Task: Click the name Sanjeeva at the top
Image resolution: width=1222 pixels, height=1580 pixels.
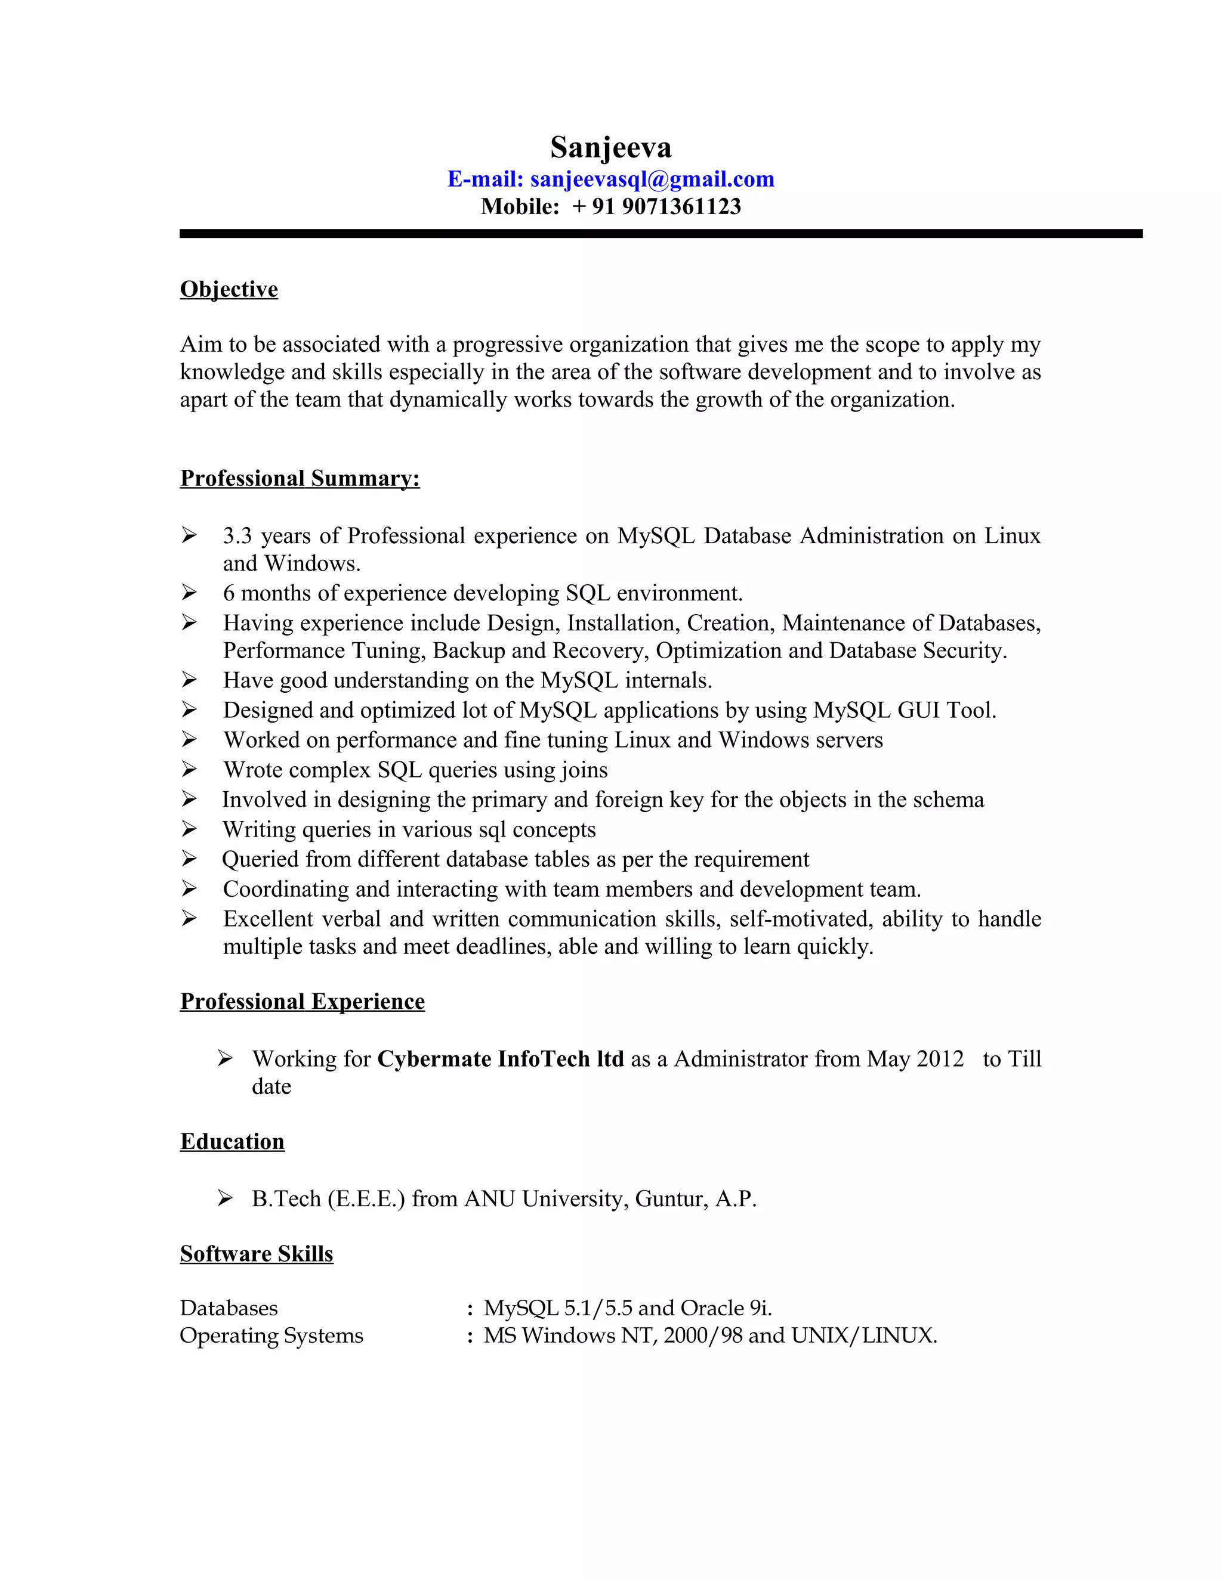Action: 610,148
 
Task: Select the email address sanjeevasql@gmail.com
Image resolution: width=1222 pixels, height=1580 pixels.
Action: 652,179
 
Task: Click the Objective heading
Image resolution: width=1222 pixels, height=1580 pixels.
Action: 229,289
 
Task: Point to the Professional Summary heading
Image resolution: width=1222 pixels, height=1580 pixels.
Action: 300,478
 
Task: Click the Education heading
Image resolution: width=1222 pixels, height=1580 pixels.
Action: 232,1142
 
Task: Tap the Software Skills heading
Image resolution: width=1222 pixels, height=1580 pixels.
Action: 256,1254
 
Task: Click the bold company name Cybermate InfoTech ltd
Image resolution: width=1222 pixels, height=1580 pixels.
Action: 500,1059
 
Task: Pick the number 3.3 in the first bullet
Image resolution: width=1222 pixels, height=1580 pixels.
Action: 237,536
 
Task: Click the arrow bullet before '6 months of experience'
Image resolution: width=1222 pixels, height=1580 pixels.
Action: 189,593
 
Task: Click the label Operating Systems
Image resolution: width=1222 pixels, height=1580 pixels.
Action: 271,1336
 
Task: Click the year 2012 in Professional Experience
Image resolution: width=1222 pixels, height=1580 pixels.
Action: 940,1059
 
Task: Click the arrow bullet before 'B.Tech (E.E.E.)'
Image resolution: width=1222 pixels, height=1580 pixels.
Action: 225,1199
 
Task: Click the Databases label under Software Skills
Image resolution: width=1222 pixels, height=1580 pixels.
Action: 229,1308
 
